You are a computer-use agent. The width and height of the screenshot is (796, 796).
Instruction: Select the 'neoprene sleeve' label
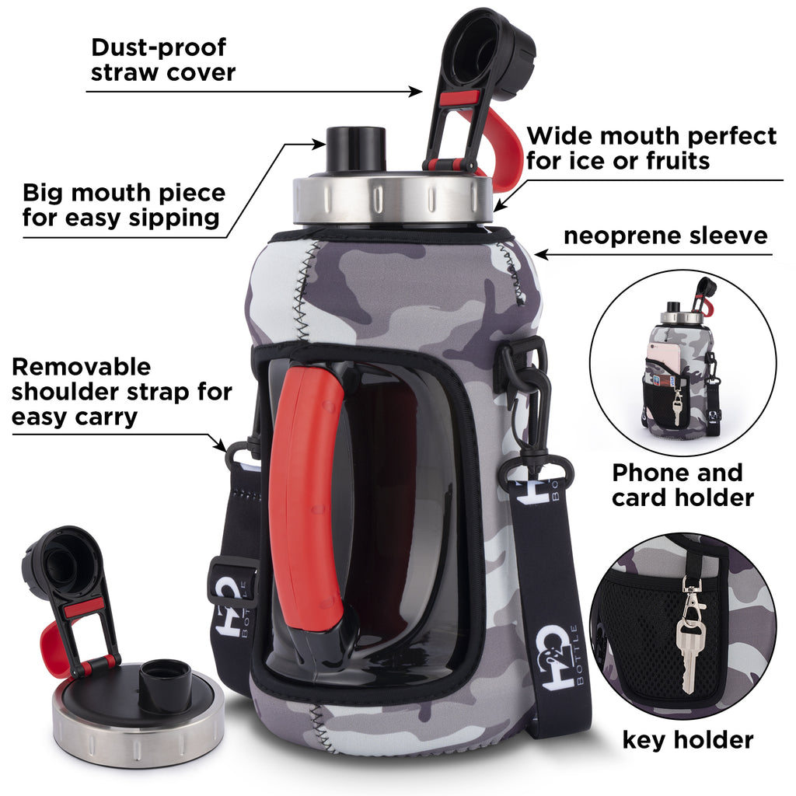665,236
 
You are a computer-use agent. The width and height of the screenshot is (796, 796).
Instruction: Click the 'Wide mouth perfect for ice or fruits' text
651,148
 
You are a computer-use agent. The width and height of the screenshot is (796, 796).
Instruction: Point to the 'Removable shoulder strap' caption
120,391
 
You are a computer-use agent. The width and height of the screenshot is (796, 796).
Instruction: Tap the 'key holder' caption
687,739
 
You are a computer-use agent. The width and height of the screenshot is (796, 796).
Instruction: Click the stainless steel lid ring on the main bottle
393,198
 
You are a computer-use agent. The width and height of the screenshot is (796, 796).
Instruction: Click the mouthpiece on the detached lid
165,685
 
